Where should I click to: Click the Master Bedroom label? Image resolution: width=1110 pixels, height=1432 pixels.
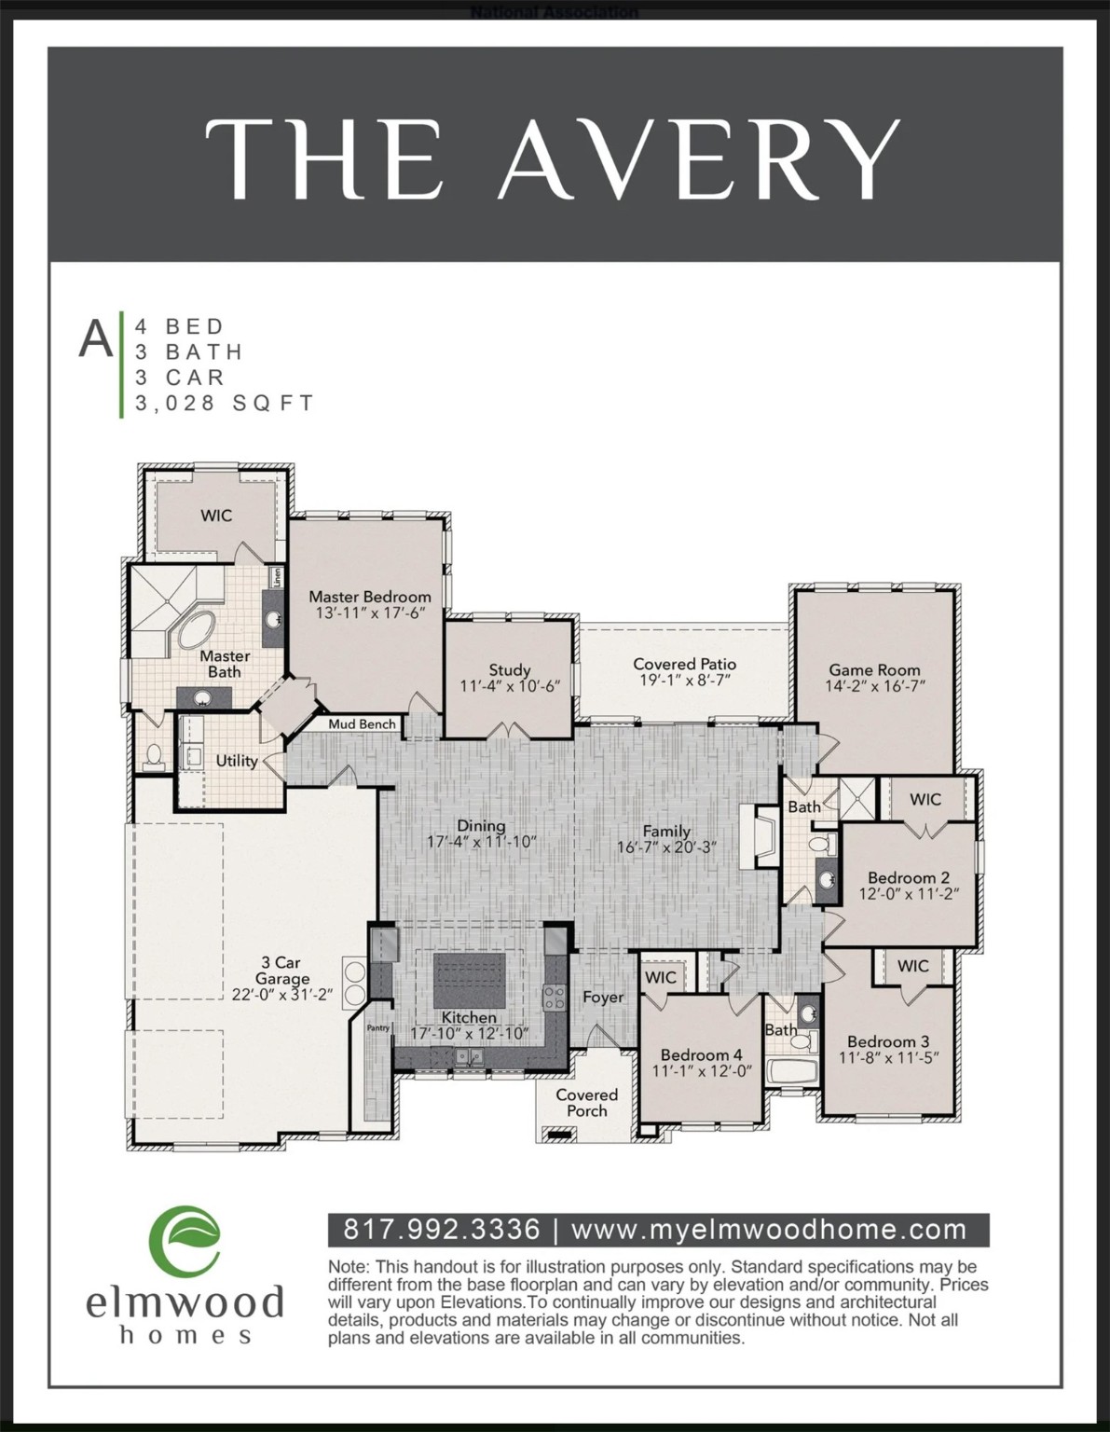(x=370, y=597)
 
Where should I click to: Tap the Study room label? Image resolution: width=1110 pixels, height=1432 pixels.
(x=509, y=669)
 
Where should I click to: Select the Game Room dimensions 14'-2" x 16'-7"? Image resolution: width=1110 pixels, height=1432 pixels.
(x=874, y=686)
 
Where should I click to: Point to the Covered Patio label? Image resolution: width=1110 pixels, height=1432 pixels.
(x=684, y=664)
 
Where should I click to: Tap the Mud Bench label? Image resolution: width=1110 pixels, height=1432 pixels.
(x=362, y=723)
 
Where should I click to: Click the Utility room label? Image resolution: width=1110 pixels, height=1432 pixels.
(x=237, y=761)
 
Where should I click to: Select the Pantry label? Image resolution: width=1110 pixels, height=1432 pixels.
(x=378, y=1028)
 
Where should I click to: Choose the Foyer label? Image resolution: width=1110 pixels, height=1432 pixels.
(x=603, y=997)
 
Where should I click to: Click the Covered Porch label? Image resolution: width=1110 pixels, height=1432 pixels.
(x=586, y=1102)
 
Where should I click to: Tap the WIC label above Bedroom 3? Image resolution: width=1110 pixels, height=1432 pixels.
(x=912, y=966)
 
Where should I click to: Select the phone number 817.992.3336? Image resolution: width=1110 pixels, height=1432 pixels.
(x=442, y=1230)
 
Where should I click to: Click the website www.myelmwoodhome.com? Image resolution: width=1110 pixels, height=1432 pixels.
(x=769, y=1230)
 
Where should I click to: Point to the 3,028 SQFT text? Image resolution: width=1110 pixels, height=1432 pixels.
(x=225, y=404)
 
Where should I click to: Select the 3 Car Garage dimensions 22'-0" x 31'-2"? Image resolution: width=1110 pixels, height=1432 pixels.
(x=281, y=995)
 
